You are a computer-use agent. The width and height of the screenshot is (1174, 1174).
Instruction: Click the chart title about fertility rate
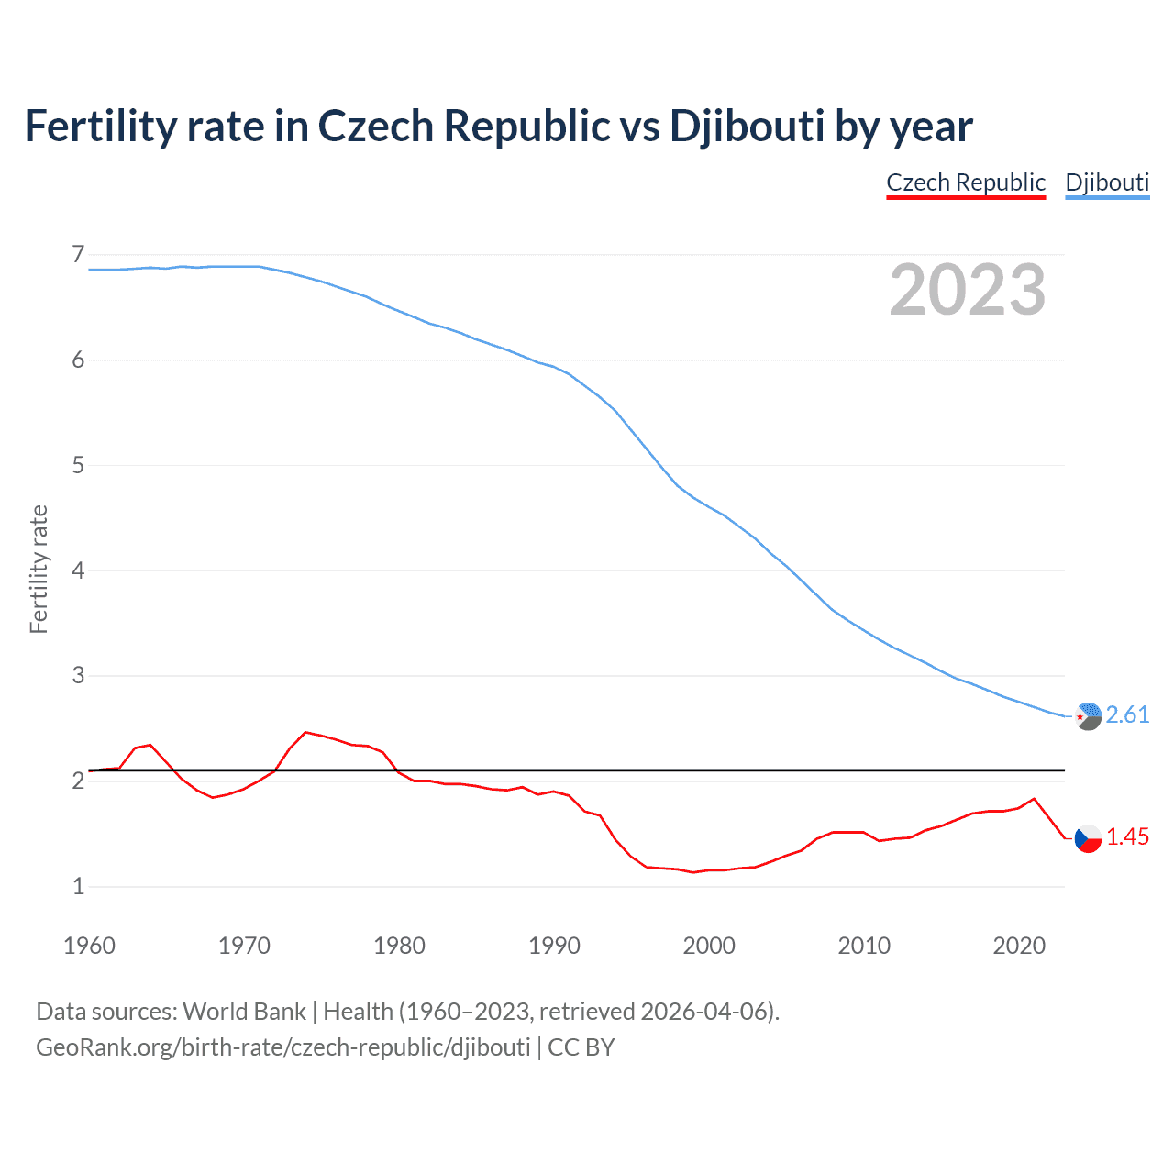click(x=498, y=127)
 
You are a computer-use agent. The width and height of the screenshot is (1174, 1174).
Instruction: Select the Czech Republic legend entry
click(x=966, y=183)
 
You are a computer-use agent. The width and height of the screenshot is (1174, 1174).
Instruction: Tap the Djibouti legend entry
click(x=1107, y=183)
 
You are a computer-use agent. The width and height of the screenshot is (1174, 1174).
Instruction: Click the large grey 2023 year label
click(x=968, y=290)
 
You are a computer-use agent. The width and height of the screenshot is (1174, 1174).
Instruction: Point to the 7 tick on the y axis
click(x=78, y=254)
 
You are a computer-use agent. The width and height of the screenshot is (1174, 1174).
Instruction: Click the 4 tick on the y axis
click(x=78, y=570)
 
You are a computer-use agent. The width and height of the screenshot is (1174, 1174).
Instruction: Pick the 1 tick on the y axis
click(x=78, y=886)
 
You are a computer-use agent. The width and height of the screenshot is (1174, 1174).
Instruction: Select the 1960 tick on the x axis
click(x=89, y=946)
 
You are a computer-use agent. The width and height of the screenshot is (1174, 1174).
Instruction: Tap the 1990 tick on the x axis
click(x=554, y=946)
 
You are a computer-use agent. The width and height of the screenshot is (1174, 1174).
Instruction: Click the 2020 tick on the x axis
click(x=1019, y=946)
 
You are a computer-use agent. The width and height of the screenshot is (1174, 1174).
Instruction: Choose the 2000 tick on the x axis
click(x=709, y=946)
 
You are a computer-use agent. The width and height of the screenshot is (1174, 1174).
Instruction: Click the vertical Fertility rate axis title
click(x=39, y=569)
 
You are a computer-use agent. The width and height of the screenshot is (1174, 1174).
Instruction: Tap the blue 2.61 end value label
click(x=1127, y=714)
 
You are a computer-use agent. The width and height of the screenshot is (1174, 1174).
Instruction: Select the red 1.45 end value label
click(x=1127, y=836)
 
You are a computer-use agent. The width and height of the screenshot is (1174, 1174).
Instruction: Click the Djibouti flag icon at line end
click(x=1088, y=715)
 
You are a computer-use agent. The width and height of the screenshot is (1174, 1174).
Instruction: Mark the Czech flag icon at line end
click(x=1088, y=838)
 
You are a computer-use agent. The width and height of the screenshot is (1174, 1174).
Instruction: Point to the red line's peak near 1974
click(x=305, y=732)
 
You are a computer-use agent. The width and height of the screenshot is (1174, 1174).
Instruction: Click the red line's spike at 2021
click(x=1035, y=799)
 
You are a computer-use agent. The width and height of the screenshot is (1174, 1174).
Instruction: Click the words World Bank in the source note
click(x=244, y=1012)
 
